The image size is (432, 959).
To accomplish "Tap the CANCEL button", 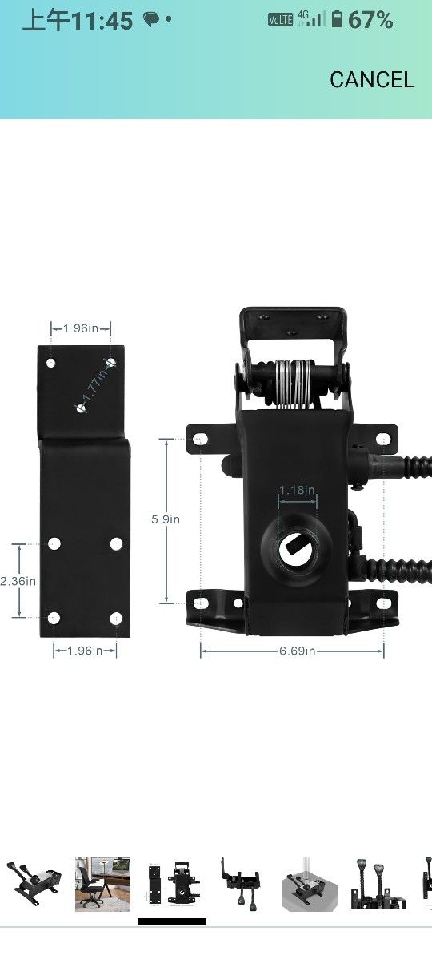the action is coord(371,80).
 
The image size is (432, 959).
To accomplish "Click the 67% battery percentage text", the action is coord(370,20).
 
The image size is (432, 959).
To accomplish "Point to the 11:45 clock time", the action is coord(102,21).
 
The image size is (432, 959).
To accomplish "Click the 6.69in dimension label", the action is coord(297,651).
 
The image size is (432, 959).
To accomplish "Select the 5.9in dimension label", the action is coord(166,519).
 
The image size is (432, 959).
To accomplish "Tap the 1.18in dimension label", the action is coord(297,490).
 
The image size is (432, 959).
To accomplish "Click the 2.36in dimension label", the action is coord(18,581).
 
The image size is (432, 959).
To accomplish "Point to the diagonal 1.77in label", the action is coord(96,386).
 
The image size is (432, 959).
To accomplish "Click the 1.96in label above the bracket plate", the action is coord(81,328).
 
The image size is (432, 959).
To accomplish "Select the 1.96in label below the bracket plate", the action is coord(85,651).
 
